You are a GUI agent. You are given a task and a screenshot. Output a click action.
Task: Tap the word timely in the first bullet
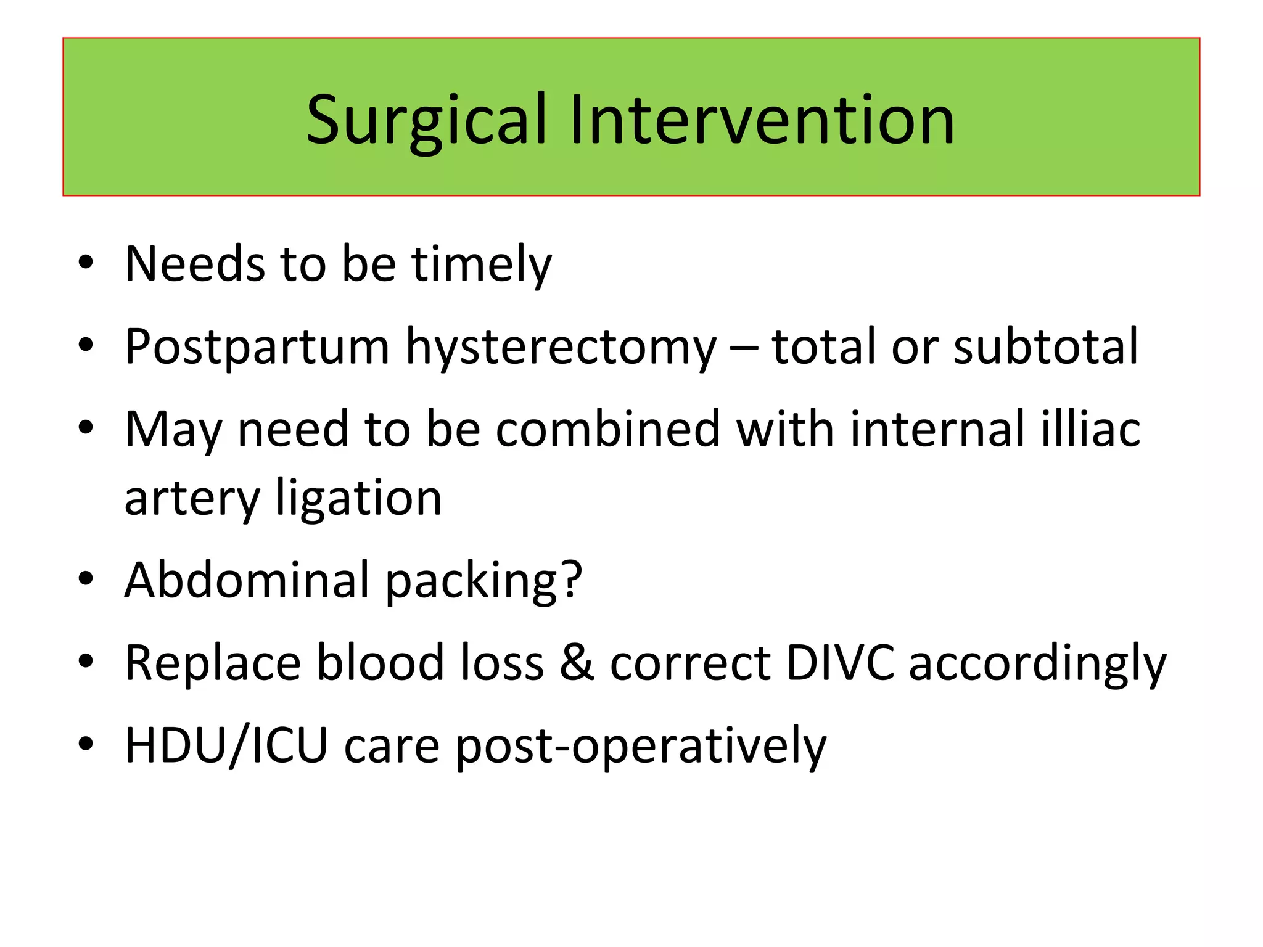(x=481, y=264)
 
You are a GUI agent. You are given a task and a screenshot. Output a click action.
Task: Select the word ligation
(x=359, y=498)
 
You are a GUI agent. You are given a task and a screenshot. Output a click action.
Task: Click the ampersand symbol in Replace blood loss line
(x=577, y=663)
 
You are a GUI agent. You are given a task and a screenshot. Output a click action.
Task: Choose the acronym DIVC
(x=840, y=663)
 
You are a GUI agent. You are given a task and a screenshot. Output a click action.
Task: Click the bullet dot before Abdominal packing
(x=86, y=579)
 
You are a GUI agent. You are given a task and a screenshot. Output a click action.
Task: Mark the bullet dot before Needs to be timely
(x=86, y=263)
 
